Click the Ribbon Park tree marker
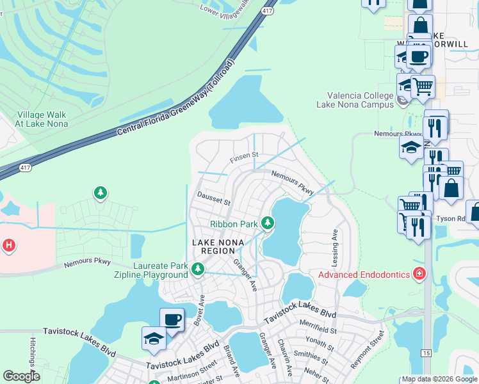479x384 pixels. pyautogui.click(x=268, y=223)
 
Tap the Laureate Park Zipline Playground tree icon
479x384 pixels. pyautogui.click(x=198, y=269)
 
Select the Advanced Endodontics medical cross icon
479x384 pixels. pyautogui.click(x=419, y=275)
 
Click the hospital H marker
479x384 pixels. pyautogui.click(x=8, y=244)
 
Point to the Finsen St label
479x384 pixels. pyautogui.click(x=244, y=156)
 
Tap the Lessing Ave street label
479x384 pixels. pyautogui.click(x=334, y=244)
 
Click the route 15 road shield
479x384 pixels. pyautogui.click(x=426, y=353)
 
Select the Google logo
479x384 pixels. pyautogui.click(x=21, y=376)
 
